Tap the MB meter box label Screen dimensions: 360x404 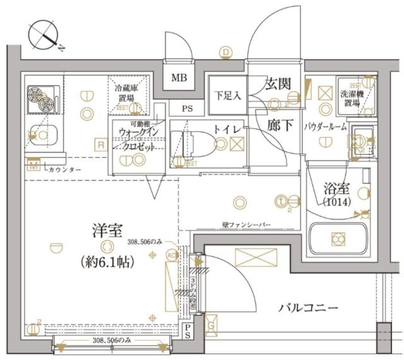tap(179, 79)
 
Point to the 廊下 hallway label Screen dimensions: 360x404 tap(278, 124)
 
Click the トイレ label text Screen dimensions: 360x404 tap(226, 129)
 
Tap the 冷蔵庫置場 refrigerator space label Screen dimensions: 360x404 tap(128, 94)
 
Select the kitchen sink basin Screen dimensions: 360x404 tap(42, 136)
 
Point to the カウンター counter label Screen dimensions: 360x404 tap(63, 170)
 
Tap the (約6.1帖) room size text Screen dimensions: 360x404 tap(107, 261)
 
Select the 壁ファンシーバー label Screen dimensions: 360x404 tap(247, 224)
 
